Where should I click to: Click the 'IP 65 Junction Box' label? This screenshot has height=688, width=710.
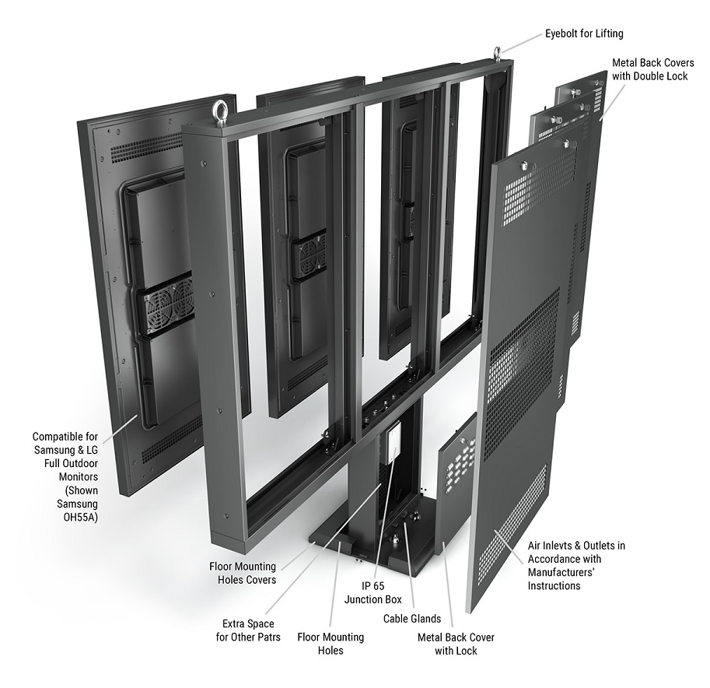(x=375, y=591)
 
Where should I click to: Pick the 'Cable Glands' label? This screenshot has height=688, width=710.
(x=411, y=619)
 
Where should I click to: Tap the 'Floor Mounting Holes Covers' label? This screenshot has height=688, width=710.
(x=242, y=572)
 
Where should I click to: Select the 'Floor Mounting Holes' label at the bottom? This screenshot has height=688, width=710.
(x=331, y=643)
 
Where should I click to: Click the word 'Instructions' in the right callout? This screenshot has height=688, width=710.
(x=554, y=585)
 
